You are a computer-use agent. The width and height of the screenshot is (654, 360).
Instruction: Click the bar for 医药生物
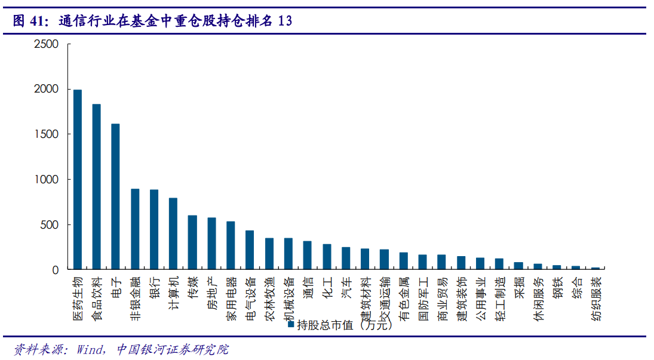click(x=78, y=180)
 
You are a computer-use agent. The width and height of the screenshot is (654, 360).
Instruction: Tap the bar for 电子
click(x=115, y=197)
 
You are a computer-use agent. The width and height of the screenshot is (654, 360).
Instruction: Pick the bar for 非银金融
click(x=135, y=229)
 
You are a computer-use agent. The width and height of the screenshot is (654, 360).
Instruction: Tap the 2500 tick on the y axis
click(x=47, y=44)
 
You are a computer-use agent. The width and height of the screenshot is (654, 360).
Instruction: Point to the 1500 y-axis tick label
click(x=47, y=134)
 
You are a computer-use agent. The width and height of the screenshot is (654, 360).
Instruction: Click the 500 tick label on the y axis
click(x=50, y=225)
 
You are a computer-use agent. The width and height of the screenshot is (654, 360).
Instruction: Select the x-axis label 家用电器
click(x=231, y=299)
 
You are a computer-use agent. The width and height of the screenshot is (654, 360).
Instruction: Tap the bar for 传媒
click(x=192, y=242)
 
